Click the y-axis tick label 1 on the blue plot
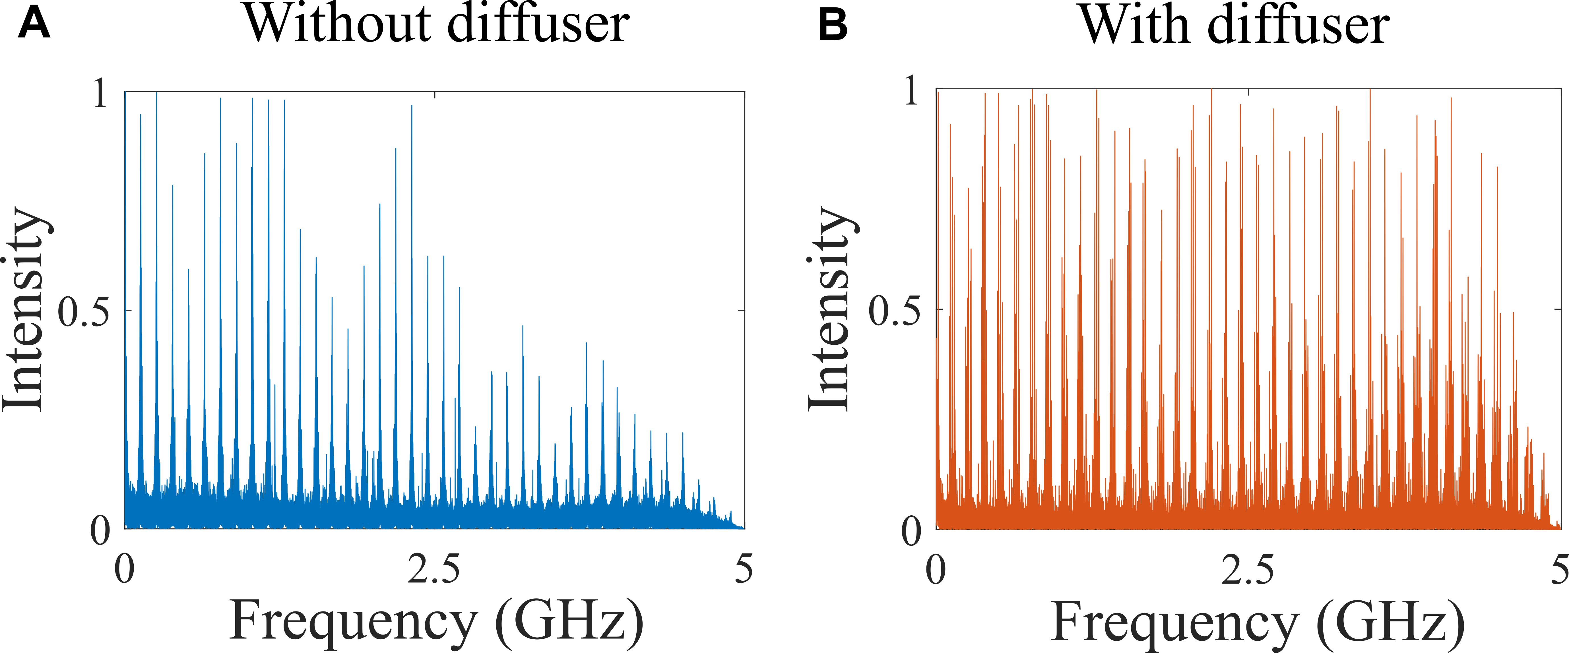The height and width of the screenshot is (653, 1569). pyautogui.click(x=100, y=94)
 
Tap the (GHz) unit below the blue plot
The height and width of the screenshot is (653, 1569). pyautogui.click(x=569, y=621)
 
